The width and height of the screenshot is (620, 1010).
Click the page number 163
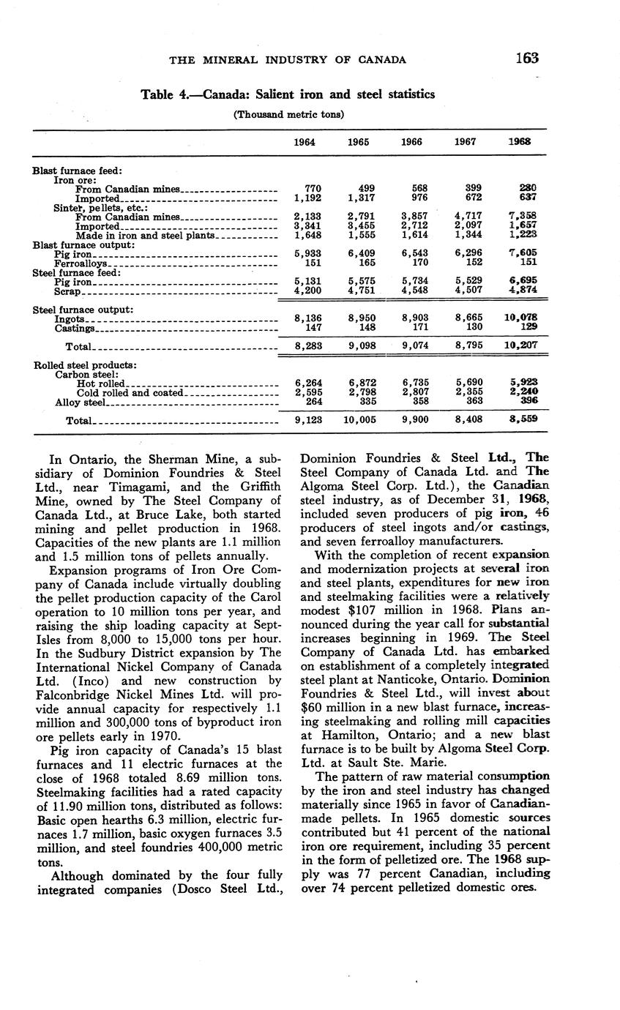[x=526, y=58]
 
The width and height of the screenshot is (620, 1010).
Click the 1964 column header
[x=305, y=142]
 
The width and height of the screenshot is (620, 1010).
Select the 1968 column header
[x=520, y=142]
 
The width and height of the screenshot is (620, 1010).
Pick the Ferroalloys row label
[x=82, y=263]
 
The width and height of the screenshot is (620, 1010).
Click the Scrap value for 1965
[x=358, y=291]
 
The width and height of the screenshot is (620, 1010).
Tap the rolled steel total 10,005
[x=357, y=420]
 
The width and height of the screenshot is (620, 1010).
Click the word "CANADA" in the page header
[x=380, y=59]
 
